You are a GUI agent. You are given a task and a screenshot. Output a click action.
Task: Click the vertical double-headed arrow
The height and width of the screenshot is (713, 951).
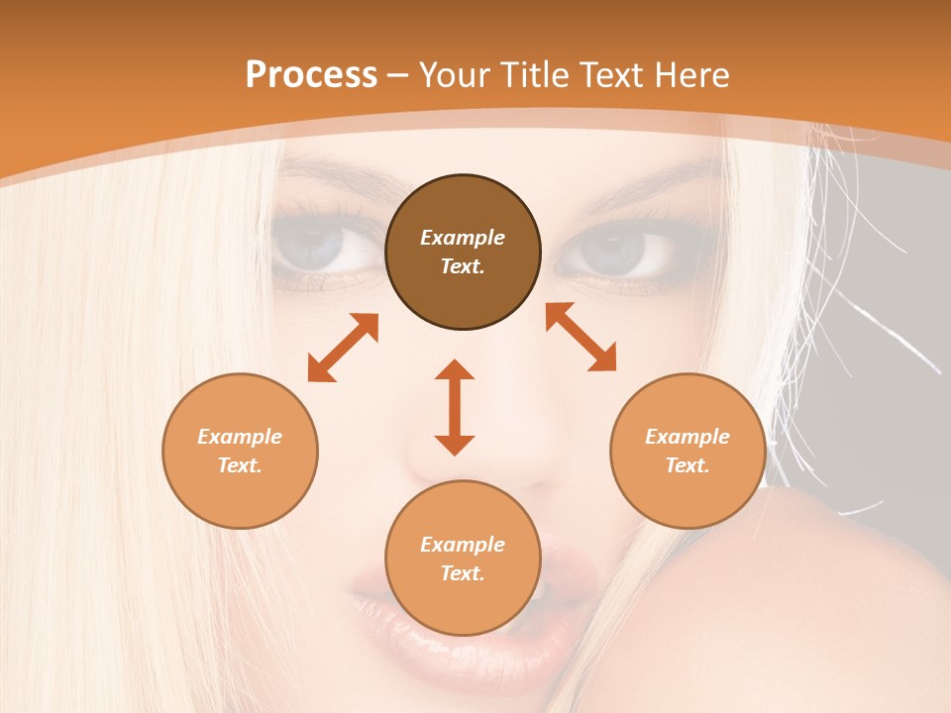[x=455, y=407]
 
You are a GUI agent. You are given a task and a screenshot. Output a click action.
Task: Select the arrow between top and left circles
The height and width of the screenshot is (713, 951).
[x=343, y=348]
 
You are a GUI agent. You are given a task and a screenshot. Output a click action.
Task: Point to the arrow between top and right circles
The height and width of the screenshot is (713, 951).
[x=581, y=337]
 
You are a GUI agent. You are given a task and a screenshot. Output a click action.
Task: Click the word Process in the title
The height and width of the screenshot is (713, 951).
[x=311, y=74]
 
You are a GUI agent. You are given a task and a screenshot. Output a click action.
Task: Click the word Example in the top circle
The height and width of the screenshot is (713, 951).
[x=463, y=238]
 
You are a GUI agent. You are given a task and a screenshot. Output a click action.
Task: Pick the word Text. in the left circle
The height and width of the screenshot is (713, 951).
[x=240, y=465]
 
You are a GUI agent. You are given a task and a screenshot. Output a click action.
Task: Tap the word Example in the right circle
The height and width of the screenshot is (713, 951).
[x=687, y=437]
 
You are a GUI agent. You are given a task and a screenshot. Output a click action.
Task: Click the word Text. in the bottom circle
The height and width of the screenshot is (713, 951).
[x=463, y=573]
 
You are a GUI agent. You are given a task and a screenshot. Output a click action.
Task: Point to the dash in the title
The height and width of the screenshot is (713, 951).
[x=398, y=75]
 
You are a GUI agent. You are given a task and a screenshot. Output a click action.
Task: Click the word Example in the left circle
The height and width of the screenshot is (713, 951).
[x=240, y=437]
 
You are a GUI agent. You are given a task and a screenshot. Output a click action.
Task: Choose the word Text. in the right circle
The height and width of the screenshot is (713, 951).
[x=687, y=465]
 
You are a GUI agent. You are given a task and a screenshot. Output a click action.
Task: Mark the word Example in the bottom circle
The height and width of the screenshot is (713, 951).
[x=463, y=545]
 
